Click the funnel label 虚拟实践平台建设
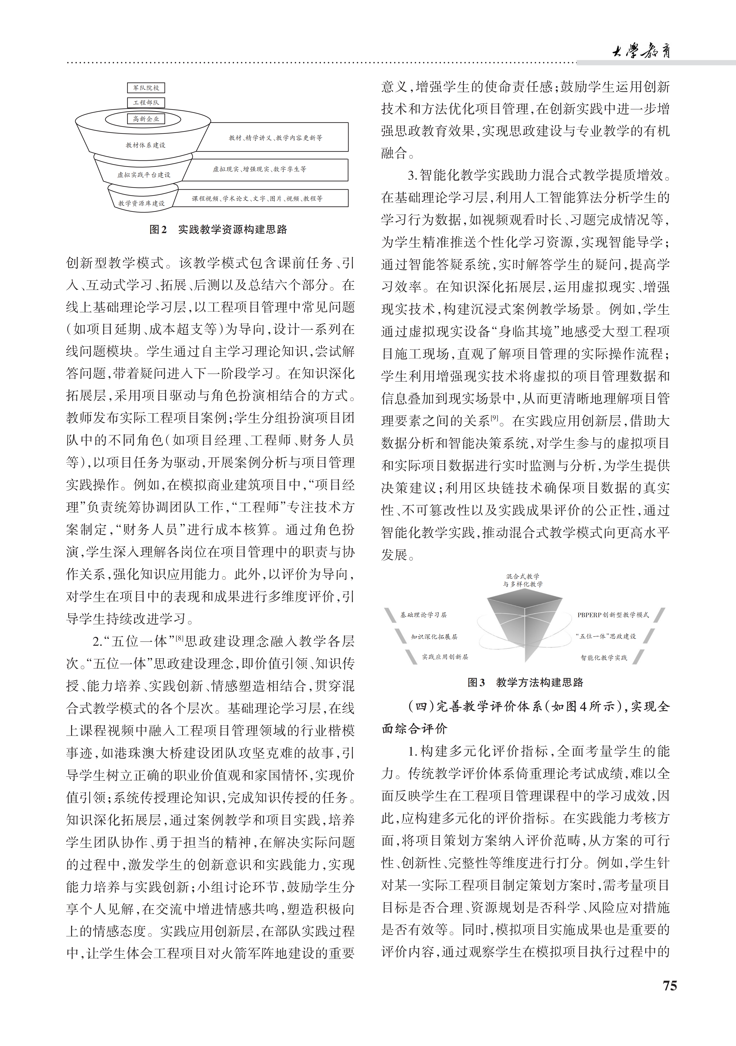[x=144, y=174]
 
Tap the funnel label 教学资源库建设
[x=141, y=203]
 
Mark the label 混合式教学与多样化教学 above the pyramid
[x=523, y=580]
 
